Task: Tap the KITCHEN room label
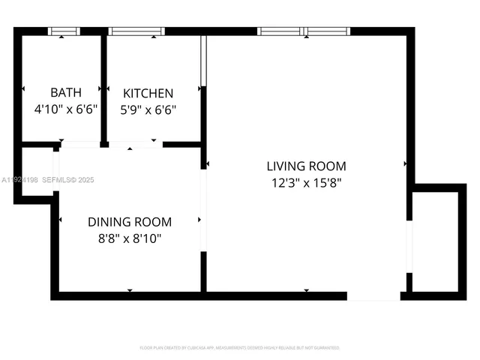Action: point(148,94)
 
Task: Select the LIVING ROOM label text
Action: point(306,166)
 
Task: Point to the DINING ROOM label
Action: point(130,222)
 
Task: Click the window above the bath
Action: point(64,31)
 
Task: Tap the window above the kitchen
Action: point(136,31)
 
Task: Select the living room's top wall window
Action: point(304,31)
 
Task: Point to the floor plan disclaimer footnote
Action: point(240,348)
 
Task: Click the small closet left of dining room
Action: point(36,172)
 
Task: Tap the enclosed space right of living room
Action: point(435,241)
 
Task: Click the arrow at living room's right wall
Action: point(406,163)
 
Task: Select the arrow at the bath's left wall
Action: point(25,88)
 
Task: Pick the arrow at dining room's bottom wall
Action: point(130,290)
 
